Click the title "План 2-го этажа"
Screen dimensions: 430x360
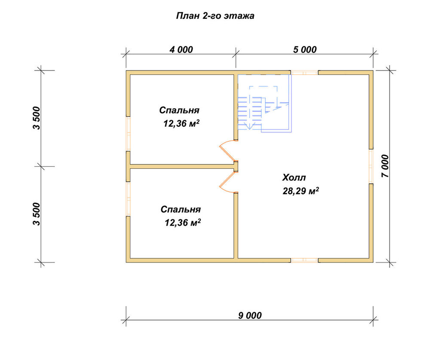[215, 16]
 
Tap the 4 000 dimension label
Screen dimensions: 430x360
[181, 49]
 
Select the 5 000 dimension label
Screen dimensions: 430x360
[305, 49]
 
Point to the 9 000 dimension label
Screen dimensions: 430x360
[250, 316]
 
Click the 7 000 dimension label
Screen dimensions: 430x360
[385, 166]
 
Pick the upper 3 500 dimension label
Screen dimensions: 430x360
[37, 118]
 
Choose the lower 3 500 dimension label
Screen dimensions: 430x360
[37, 214]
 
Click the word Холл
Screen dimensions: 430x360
[294, 177]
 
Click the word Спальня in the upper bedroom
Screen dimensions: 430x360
[179, 110]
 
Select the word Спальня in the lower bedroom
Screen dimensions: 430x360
[181, 209]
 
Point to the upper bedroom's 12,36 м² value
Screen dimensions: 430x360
[181, 124]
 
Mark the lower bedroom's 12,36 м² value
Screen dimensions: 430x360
[183, 223]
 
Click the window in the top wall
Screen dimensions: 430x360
[304, 73]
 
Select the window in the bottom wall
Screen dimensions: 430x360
[304, 260]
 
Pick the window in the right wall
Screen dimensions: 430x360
[371, 166]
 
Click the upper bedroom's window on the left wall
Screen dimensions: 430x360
[128, 134]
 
